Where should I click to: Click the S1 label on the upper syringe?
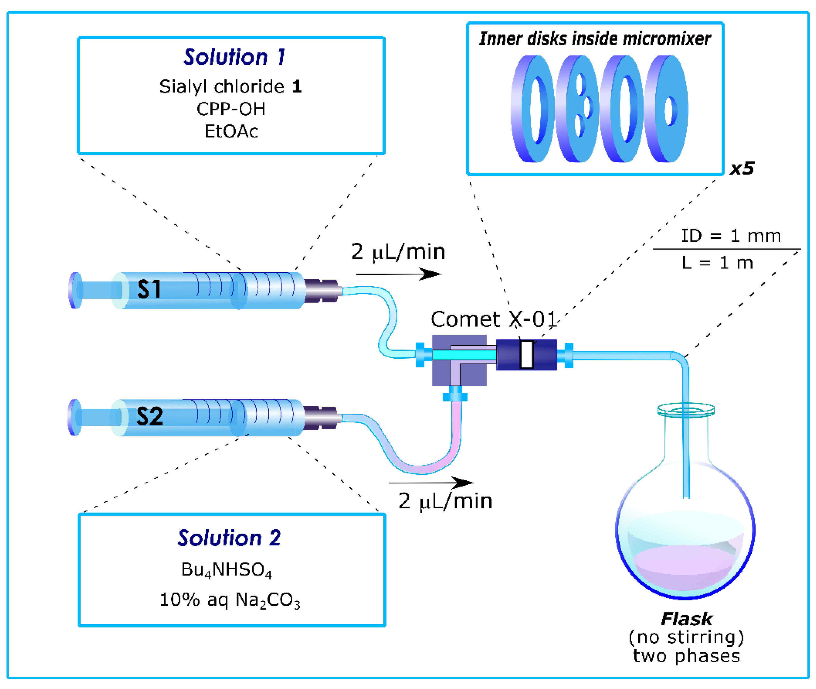click(x=149, y=289)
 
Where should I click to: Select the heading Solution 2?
click(x=229, y=538)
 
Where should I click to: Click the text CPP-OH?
click(x=231, y=109)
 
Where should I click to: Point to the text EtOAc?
click(x=231, y=131)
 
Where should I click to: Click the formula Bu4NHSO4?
click(x=226, y=570)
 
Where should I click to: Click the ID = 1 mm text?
click(x=730, y=236)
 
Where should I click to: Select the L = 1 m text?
click(x=717, y=263)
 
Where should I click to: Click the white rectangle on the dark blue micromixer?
click(x=526, y=354)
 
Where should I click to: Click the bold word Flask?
click(x=687, y=619)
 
